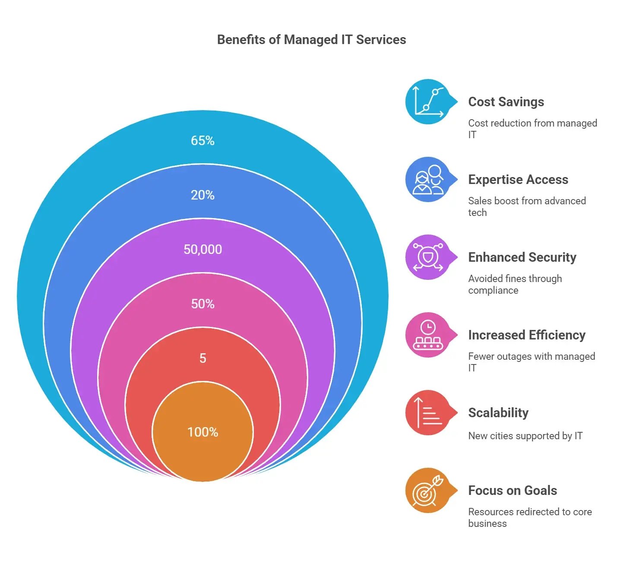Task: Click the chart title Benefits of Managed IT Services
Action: click(311, 40)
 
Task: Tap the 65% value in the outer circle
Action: click(202, 141)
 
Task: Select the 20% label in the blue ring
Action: click(202, 195)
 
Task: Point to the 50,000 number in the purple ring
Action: click(202, 250)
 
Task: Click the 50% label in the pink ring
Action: click(202, 304)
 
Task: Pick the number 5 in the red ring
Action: click(202, 358)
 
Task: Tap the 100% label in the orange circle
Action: click(202, 432)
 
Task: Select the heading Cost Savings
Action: click(506, 102)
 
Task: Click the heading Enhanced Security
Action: click(522, 257)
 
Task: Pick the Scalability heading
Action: click(498, 413)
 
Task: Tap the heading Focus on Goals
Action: click(512, 491)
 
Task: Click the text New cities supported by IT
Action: click(525, 436)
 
